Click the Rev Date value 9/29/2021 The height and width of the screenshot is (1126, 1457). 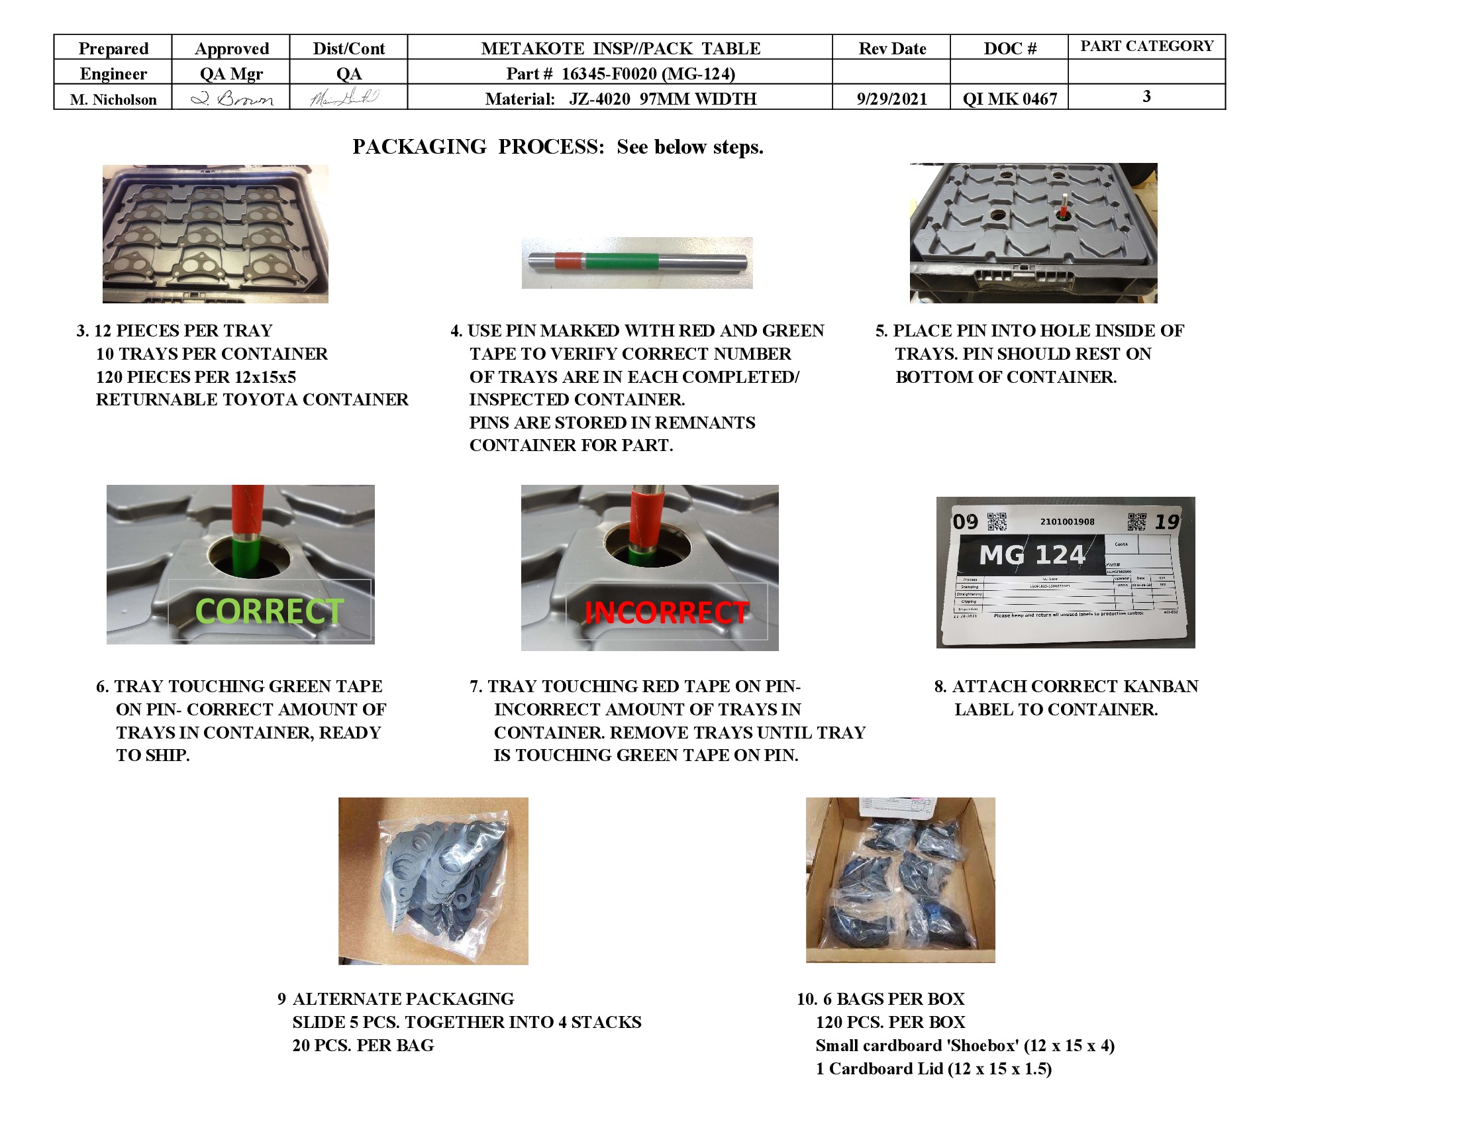click(891, 99)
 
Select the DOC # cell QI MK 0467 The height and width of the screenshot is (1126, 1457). click(1009, 99)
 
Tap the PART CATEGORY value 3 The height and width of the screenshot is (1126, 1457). click(1146, 96)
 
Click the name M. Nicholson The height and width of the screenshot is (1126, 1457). click(113, 99)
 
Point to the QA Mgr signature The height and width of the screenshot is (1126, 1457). click(232, 99)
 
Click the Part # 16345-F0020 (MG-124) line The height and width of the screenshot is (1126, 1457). click(620, 74)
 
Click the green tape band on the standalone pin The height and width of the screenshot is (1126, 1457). click(621, 261)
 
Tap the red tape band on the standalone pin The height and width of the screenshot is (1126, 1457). click(568, 261)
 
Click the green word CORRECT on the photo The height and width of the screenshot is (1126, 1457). click(269, 611)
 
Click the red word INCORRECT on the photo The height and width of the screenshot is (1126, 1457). click(666, 613)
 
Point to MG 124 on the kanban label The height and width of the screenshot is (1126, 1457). click(1031, 554)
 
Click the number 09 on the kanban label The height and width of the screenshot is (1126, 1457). click(965, 522)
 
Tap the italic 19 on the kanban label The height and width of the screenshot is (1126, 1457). click(1167, 522)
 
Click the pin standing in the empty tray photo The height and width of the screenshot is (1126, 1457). click(1064, 206)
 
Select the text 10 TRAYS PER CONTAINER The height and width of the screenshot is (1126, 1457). click(211, 354)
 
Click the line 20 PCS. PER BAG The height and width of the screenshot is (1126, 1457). click(363, 1045)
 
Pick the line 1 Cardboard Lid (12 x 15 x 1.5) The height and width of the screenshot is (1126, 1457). click(933, 1068)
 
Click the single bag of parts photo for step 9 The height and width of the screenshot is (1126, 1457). click(433, 880)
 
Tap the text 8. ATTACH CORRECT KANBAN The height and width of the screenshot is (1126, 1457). click(1066, 686)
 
